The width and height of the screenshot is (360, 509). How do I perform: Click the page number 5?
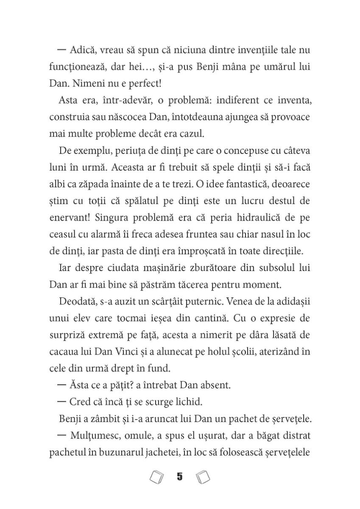pyautogui.click(x=179, y=477)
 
